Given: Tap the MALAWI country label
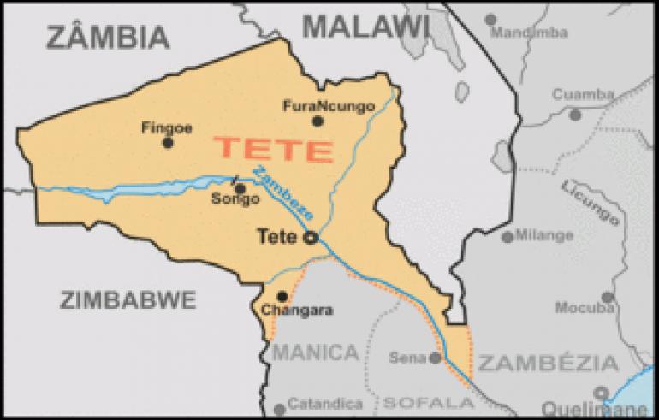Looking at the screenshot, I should click(365, 27).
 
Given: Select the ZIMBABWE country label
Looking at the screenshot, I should click(128, 299).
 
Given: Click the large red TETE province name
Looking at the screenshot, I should click(274, 150).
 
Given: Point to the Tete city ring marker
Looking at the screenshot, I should click(312, 239).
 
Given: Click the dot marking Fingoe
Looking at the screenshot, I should click(168, 142).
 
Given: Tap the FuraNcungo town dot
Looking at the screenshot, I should click(318, 121).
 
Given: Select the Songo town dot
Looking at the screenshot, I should click(240, 189).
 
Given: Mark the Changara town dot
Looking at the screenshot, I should click(282, 296).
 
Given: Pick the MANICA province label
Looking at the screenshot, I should click(315, 352).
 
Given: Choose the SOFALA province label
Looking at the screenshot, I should click(417, 401).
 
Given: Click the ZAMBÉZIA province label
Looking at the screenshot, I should click(548, 364).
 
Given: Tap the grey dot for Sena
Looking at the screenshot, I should click(436, 358).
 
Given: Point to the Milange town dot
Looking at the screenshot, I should click(508, 237).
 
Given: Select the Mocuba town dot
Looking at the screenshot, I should click(607, 298).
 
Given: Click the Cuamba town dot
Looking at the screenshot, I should click(575, 114).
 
